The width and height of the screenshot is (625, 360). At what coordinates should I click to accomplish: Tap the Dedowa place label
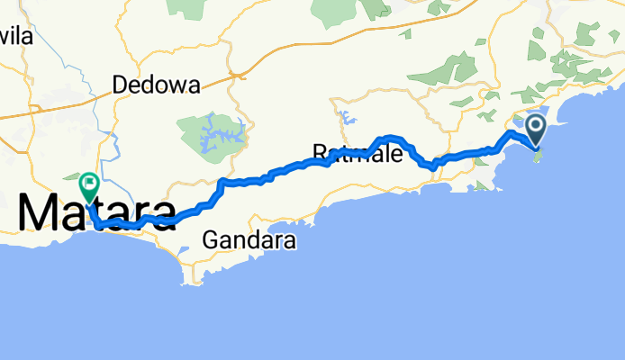point(156,85)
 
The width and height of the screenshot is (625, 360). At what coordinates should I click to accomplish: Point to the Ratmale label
point(357,150)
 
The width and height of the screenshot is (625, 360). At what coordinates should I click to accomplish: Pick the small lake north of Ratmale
point(345,114)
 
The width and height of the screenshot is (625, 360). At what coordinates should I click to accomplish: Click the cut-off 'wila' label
point(16,37)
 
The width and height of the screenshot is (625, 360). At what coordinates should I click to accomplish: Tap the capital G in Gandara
point(210,241)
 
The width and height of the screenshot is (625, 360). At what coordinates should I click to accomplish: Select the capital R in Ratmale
point(320,150)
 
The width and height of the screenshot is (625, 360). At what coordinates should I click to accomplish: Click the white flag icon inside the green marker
point(90,184)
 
